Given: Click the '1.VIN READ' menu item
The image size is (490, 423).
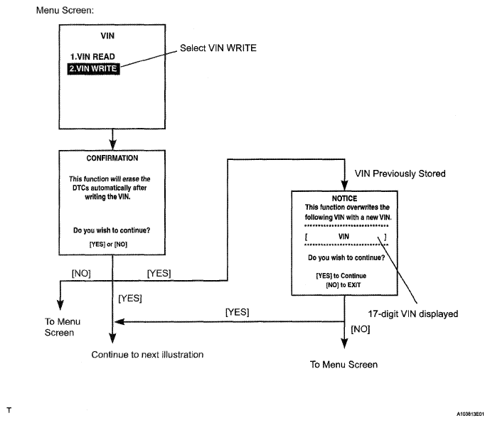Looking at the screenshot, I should (91, 56).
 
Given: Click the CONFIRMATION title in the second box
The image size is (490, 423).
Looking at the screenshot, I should (112, 159).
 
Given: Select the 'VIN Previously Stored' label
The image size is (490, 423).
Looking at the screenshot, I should (400, 174).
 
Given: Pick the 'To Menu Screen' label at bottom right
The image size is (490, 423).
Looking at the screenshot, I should (343, 365).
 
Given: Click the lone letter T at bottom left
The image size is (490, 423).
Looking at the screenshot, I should (9, 411).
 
